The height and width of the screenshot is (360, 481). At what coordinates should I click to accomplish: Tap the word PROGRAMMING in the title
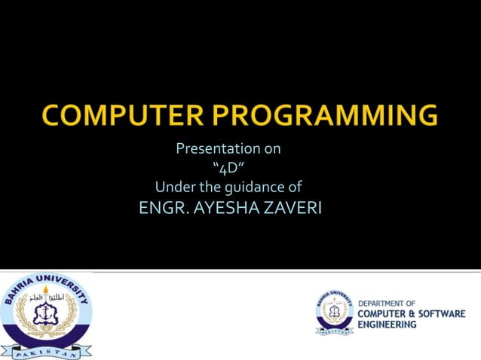tap(326, 117)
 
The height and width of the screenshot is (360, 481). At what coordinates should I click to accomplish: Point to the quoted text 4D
tap(228, 167)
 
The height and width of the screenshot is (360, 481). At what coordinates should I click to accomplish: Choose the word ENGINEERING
tap(387, 325)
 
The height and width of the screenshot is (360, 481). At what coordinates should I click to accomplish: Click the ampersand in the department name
tap(403, 313)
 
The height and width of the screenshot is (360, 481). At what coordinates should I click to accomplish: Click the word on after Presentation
tap(271, 148)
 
